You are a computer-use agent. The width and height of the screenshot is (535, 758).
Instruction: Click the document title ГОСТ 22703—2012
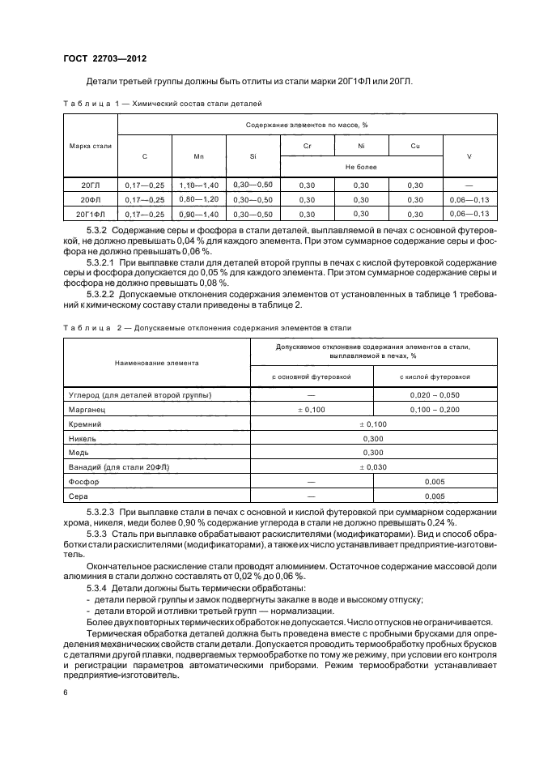point(105,58)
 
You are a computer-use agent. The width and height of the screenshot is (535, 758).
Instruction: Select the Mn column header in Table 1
point(198,155)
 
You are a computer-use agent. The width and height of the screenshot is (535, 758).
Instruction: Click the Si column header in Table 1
point(253,155)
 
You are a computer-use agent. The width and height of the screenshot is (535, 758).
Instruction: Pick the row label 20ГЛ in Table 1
point(91,185)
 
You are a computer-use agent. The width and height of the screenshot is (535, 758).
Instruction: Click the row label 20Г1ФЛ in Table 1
point(91,214)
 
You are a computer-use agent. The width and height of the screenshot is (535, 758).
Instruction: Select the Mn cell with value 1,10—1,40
point(198,185)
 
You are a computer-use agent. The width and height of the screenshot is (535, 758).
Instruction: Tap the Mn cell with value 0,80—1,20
point(198,199)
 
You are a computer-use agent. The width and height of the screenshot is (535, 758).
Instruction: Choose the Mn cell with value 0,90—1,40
point(198,214)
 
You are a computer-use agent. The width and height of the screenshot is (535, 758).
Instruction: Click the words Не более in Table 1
point(361,167)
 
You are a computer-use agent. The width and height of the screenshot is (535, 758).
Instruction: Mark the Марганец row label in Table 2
point(90,411)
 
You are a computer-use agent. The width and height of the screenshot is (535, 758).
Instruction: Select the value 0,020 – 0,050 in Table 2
point(435,395)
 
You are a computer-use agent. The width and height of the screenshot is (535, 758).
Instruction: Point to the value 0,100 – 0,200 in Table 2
point(435,411)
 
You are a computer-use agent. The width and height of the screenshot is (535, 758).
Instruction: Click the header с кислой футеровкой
point(435,377)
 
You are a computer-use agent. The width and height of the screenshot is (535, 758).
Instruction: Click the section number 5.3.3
point(97,535)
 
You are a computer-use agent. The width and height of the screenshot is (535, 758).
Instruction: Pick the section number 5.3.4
point(97,586)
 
